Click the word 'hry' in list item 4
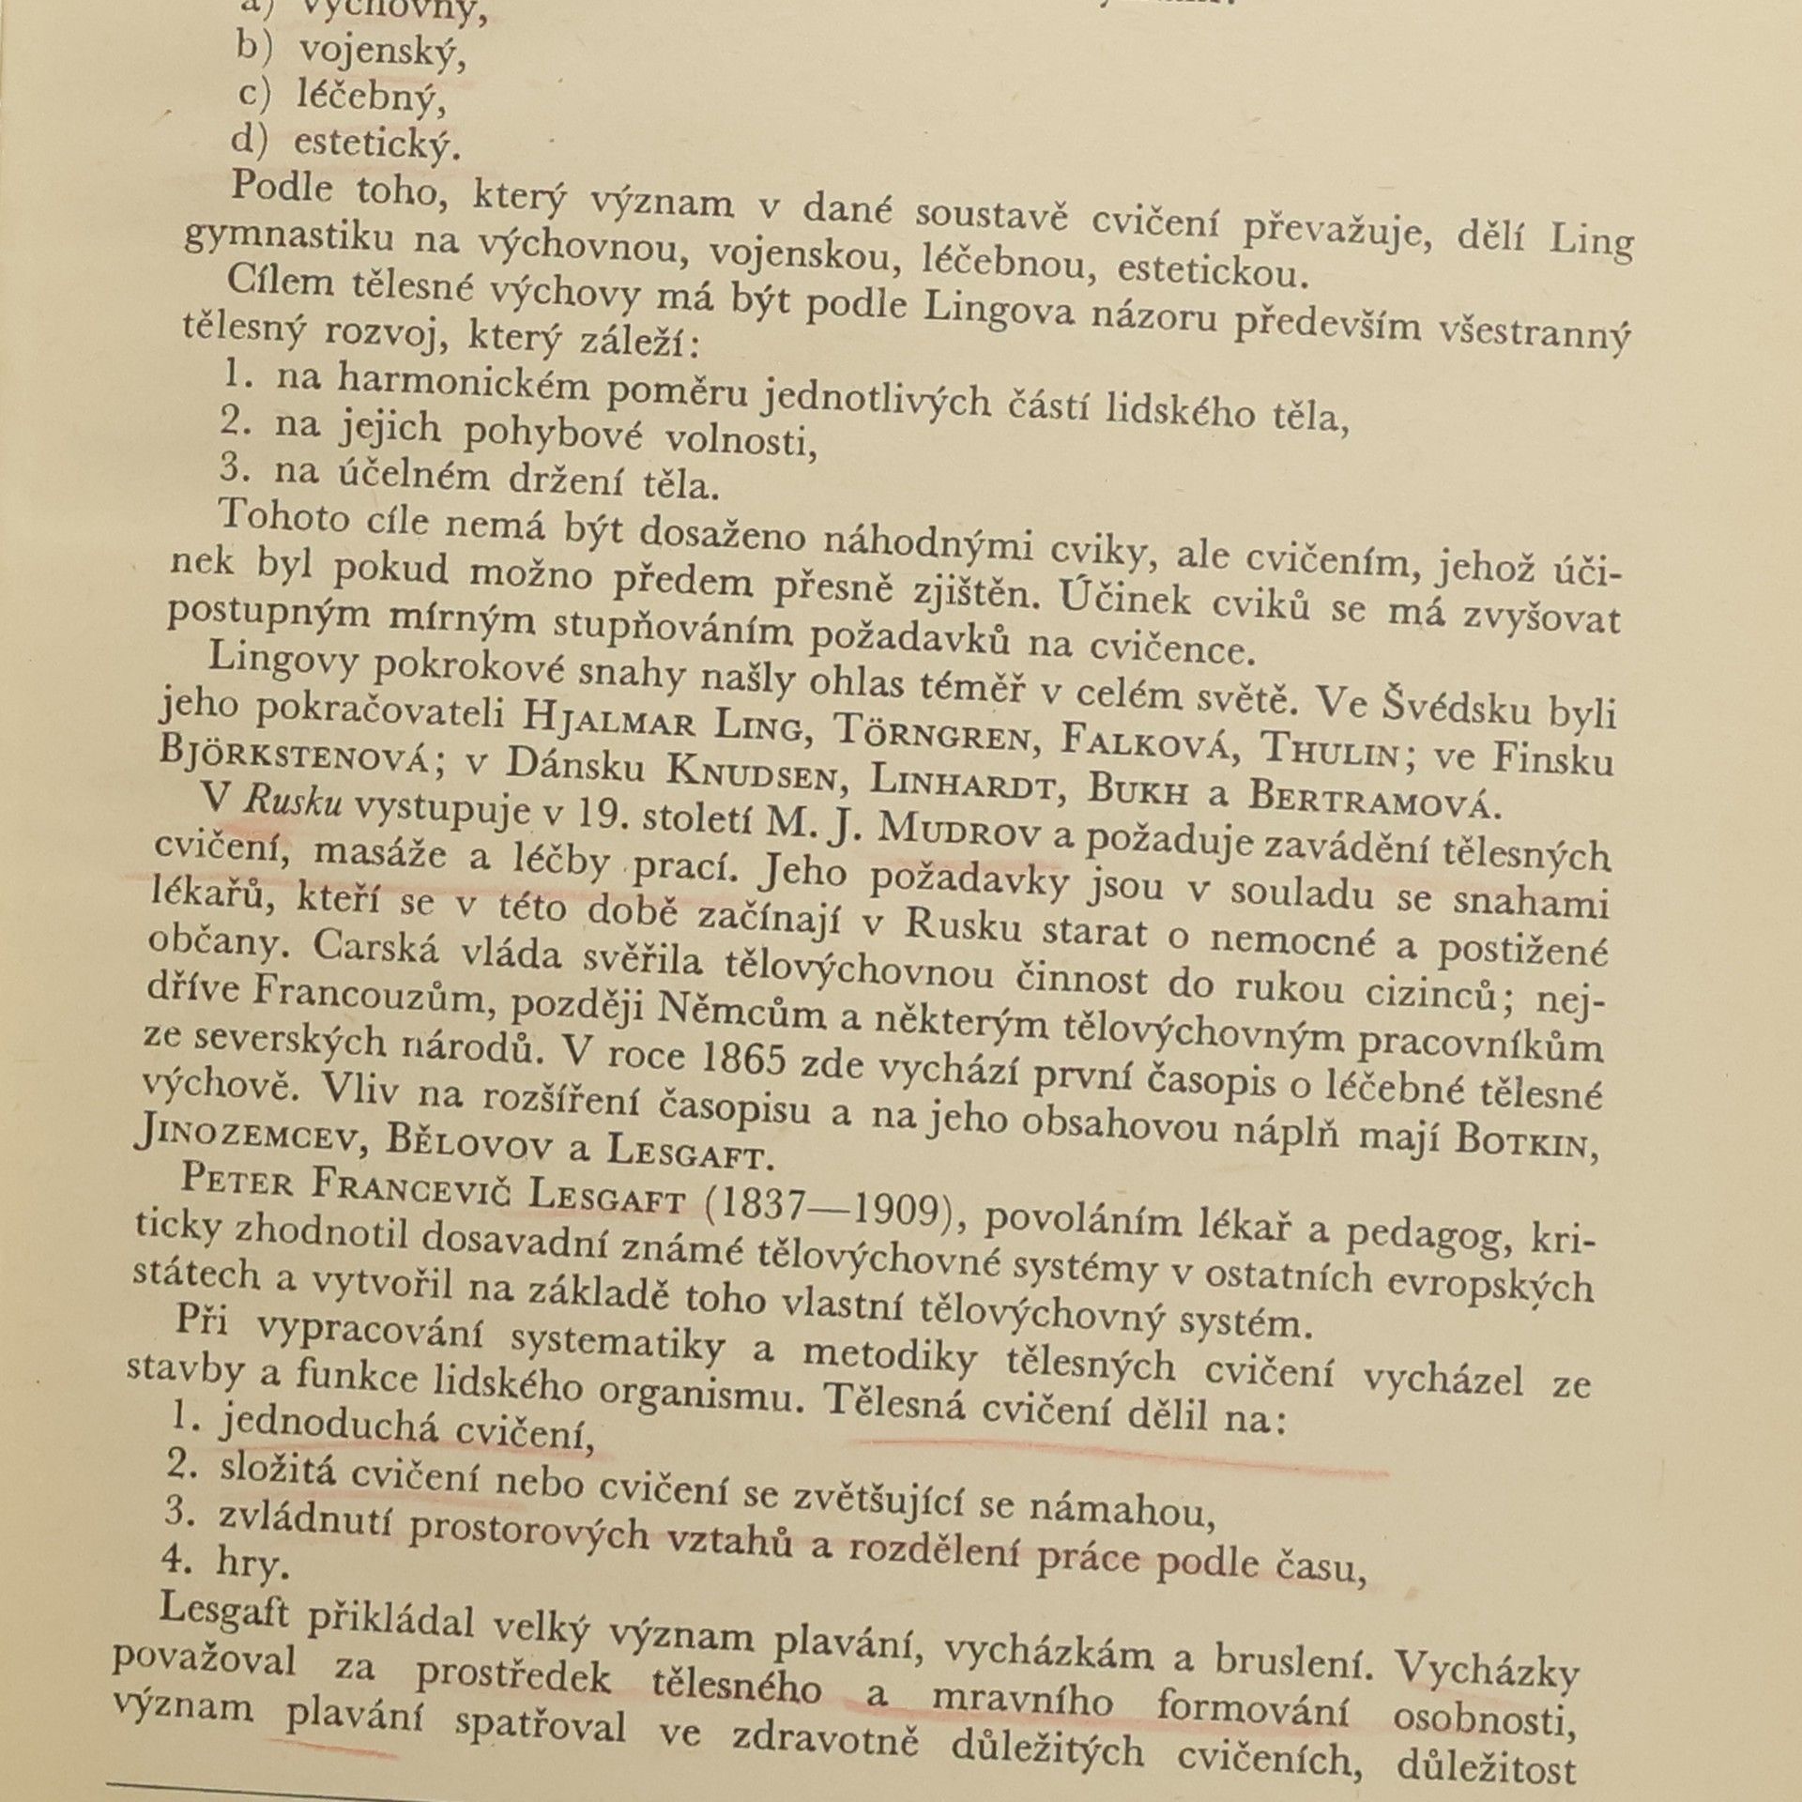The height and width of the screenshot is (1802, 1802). click(251, 1563)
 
